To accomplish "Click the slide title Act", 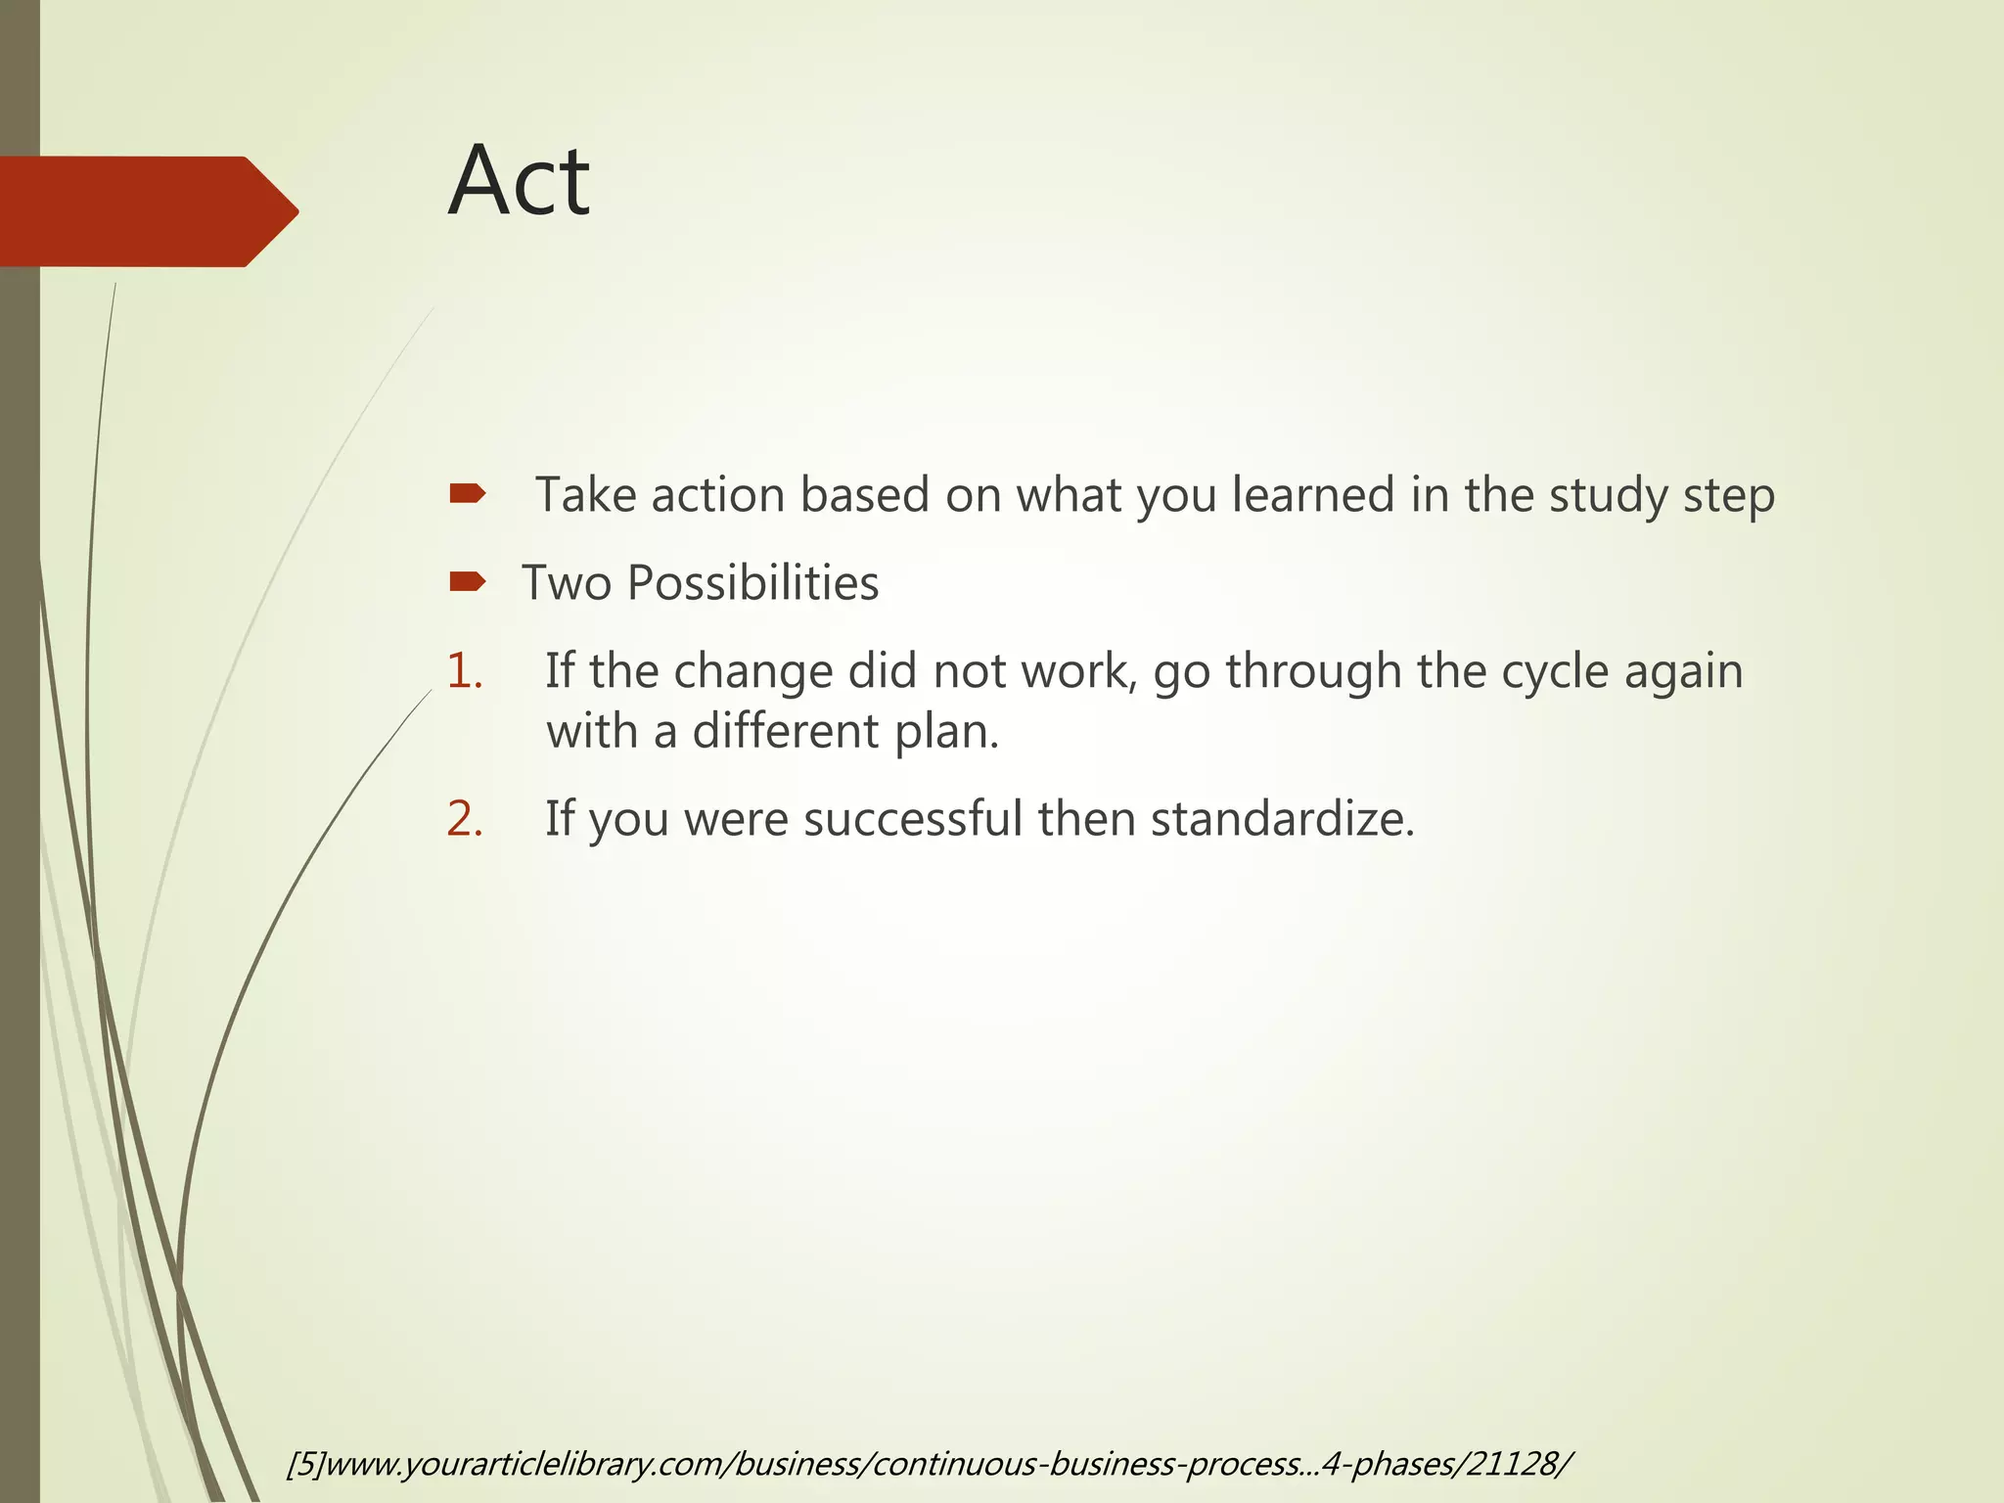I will (519, 182).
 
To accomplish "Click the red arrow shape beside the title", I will (147, 211).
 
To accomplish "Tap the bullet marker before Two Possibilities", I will (467, 583).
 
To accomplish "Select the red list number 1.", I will (464, 672).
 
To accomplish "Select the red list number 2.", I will (465, 819).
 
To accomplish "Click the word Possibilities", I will (752, 584).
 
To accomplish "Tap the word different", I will (785, 732).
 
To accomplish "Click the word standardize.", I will (1282, 819).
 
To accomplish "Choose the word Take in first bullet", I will (584, 495).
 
